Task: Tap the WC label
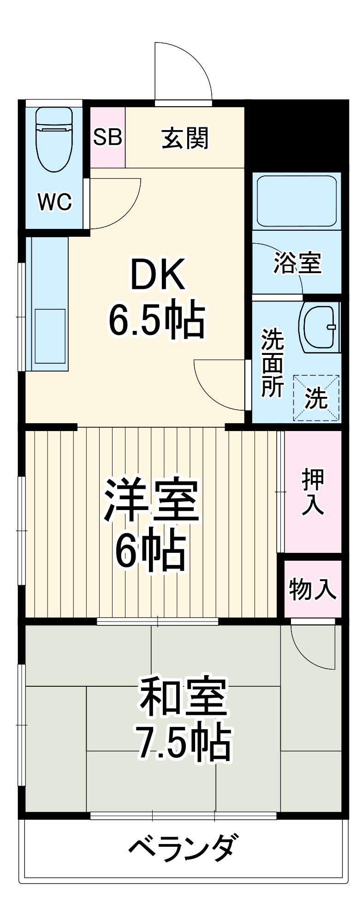tap(55, 202)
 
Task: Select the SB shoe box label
tap(107, 137)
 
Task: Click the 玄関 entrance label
tap(185, 138)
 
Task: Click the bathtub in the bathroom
tap(297, 201)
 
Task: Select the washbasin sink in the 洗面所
tap(320, 327)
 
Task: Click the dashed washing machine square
tap(317, 398)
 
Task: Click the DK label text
tap(158, 275)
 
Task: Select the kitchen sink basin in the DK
tap(50, 336)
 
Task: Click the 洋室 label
tap(152, 501)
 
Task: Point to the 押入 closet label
tap(313, 492)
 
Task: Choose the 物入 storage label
tap(313, 589)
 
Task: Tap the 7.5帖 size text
tap(183, 744)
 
